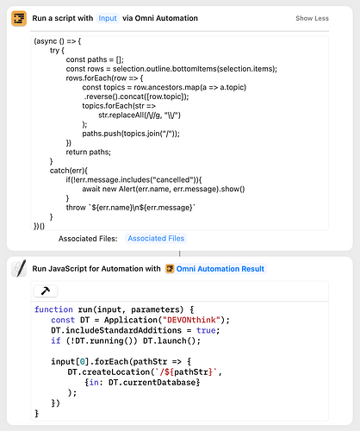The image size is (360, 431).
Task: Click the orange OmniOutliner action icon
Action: tap(19, 18)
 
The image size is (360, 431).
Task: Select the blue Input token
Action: tap(108, 18)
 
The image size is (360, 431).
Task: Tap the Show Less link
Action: tap(312, 18)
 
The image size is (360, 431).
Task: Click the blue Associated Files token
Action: tap(156, 238)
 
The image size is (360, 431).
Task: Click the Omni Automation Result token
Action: tap(215, 269)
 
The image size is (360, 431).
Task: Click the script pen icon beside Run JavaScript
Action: tap(19, 268)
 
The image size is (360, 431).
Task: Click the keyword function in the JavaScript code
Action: tap(53, 309)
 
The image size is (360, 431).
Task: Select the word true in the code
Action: tap(206, 330)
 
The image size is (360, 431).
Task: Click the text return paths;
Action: tap(89, 152)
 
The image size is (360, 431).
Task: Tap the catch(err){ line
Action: tap(69, 171)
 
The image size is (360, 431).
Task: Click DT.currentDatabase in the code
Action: tap(152, 383)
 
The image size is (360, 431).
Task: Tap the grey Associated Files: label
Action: tap(88, 239)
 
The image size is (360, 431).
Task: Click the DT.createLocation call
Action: tap(109, 372)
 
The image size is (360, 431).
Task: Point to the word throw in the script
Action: tap(76, 207)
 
